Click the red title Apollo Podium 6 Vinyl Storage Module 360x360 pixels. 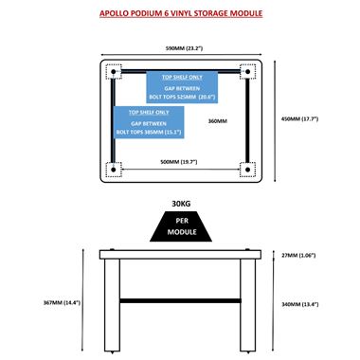click(x=181, y=13)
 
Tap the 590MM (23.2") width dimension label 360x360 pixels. click(x=184, y=48)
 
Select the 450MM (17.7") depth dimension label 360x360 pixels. click(x=299, y=119)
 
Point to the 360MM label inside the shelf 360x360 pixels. click(x=218, y=121)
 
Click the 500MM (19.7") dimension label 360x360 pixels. click(x=179, y=162)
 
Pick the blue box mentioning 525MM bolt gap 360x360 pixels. click(x=182, y=87)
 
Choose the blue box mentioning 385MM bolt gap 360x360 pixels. click(x=149, y=122)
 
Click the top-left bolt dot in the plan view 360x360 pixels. click(x=114, y=72)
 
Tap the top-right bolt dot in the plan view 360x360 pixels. click(x=247, y=72)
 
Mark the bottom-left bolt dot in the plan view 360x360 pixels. click(x=114, y=170)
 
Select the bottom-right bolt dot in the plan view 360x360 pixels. click(x=247, y=170)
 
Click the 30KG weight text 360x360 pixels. click(x=181, y=204)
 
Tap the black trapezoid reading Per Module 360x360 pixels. click(x=181, y=226)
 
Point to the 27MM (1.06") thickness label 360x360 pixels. click(x=298, y=255)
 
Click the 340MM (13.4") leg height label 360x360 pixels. click(x=299, y=304)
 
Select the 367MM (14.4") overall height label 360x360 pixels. click(x=62, y=302)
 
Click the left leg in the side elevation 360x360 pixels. click(x=112, y=305)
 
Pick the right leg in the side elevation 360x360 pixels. click(x=248, y=305)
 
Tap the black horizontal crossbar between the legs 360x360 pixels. click(x=180, y=300)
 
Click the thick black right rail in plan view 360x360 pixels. click(x=247, y=121)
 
